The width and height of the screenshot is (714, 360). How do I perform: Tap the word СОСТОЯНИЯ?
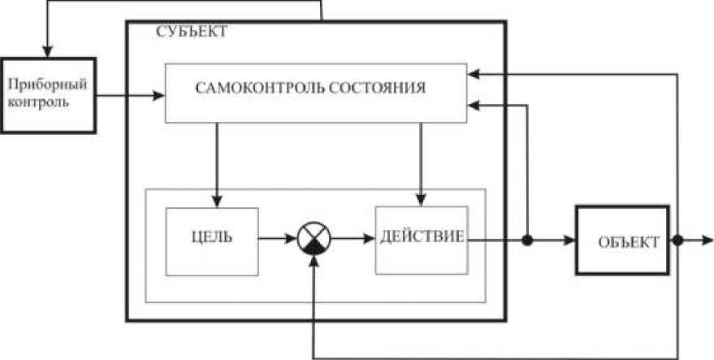378,87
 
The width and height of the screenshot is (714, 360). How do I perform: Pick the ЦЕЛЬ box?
212,241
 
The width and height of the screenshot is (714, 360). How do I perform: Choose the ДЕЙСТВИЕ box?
422,240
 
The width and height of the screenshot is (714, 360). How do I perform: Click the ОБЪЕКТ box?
624,242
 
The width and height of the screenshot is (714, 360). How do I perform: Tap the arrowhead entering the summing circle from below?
313,263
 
